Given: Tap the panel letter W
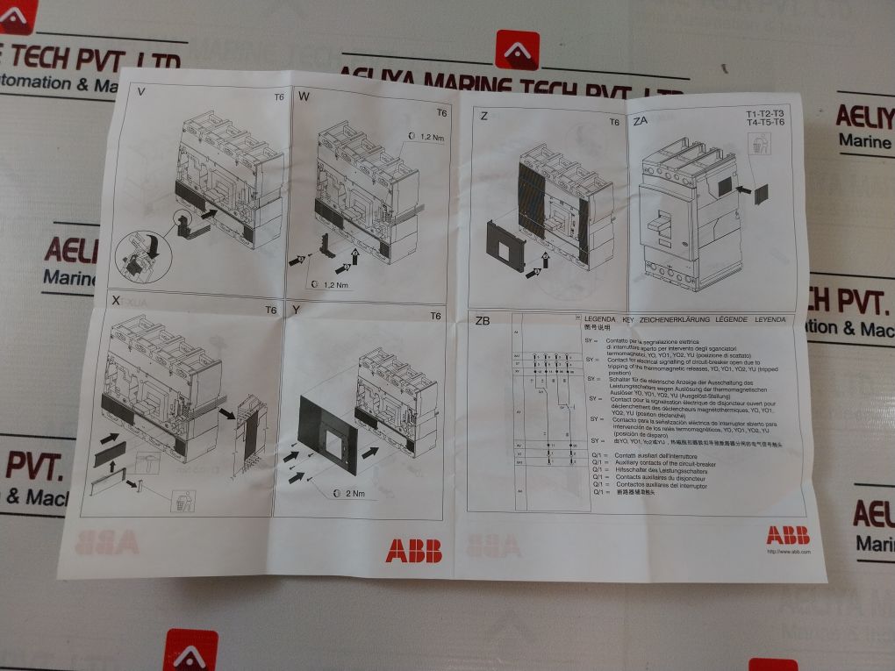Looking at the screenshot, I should click(304, 96).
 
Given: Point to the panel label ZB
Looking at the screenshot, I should click(482, 320).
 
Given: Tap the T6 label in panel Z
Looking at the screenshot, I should click(613, 123).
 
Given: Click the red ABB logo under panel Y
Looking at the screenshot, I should click(413, 550).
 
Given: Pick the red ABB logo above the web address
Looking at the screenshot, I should click(787, 535).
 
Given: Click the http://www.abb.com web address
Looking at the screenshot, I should click(788, 552).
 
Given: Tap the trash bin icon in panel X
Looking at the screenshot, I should click(183, 501).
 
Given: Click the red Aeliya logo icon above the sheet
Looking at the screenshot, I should click(517, 49).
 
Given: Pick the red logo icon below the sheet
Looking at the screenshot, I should click(190, 650).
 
